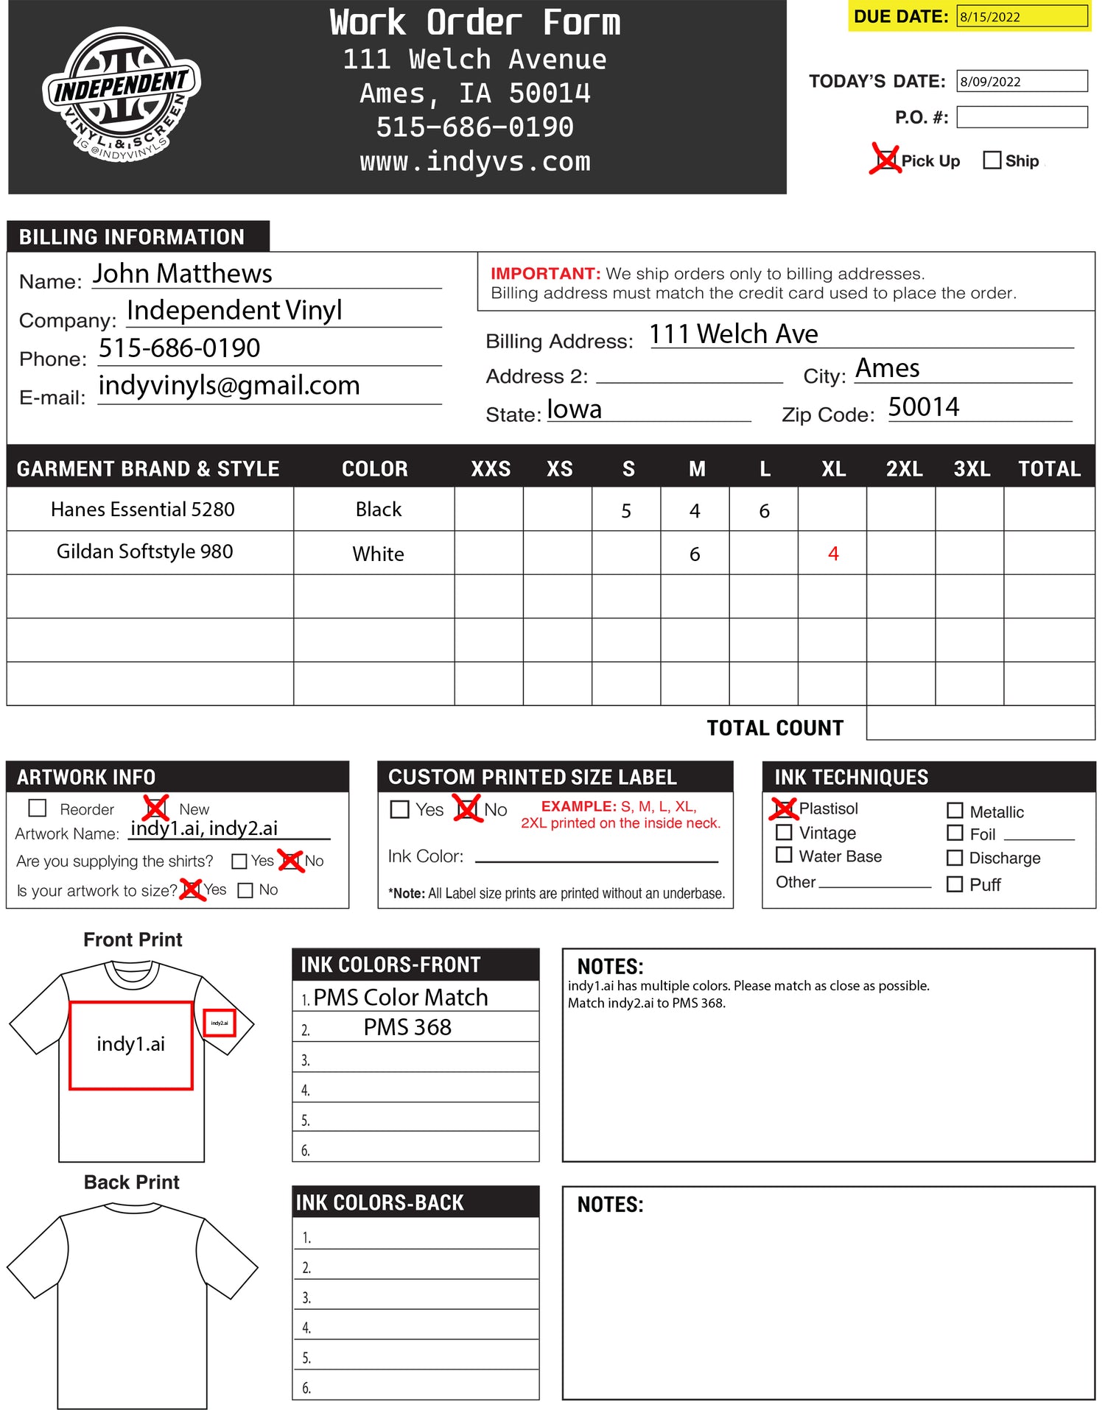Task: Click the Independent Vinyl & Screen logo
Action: click(121, 95)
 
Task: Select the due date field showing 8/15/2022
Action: click(1021, 16)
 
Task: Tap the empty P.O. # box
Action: click(1021, 117)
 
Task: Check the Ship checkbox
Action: click(992, 161)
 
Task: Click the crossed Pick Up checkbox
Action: click(885, 159)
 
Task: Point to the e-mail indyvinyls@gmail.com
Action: click(229, 386)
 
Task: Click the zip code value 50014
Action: click(923, 407)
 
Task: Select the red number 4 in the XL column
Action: click(833, 554)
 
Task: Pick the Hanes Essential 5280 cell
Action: click(143, 510)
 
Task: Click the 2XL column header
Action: click(904, 469)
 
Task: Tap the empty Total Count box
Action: click(980, 723)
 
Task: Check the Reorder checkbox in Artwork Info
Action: click(38, 808)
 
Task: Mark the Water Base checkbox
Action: click(785, 855)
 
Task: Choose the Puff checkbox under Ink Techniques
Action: click(955, 884)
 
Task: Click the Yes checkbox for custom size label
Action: click(400, 809)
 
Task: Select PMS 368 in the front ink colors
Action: click(407, 1027)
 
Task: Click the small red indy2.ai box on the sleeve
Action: click(219, 1023)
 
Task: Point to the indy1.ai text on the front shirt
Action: click(131, 1044)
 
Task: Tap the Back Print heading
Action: click(132, 1182)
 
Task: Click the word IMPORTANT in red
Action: click(545, 274)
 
